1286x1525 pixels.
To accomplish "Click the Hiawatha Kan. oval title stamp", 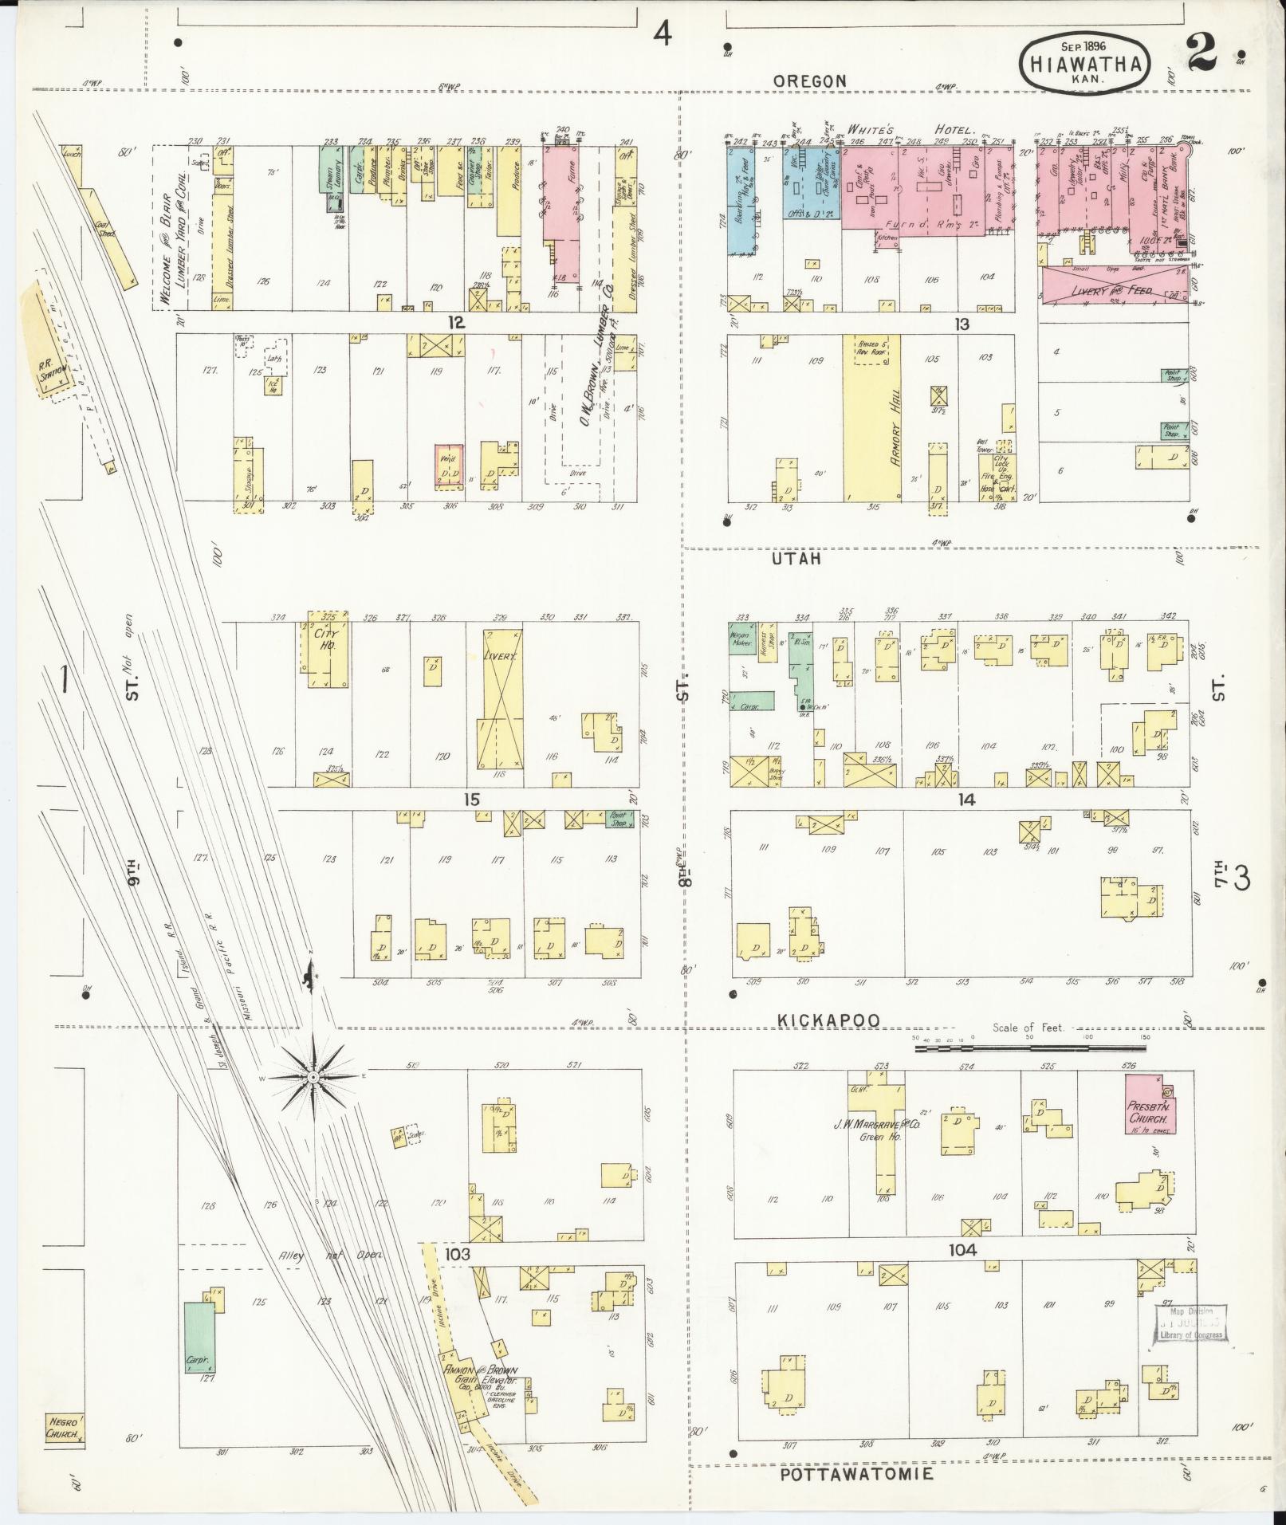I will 1086,62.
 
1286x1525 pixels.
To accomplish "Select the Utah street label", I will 796,560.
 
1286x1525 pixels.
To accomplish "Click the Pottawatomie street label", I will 856,1474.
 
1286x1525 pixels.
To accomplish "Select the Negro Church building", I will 64,1428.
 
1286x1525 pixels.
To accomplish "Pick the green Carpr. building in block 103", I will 199,1337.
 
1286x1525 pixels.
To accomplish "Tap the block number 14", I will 966,800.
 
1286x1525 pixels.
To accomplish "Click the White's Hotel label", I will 910,130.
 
